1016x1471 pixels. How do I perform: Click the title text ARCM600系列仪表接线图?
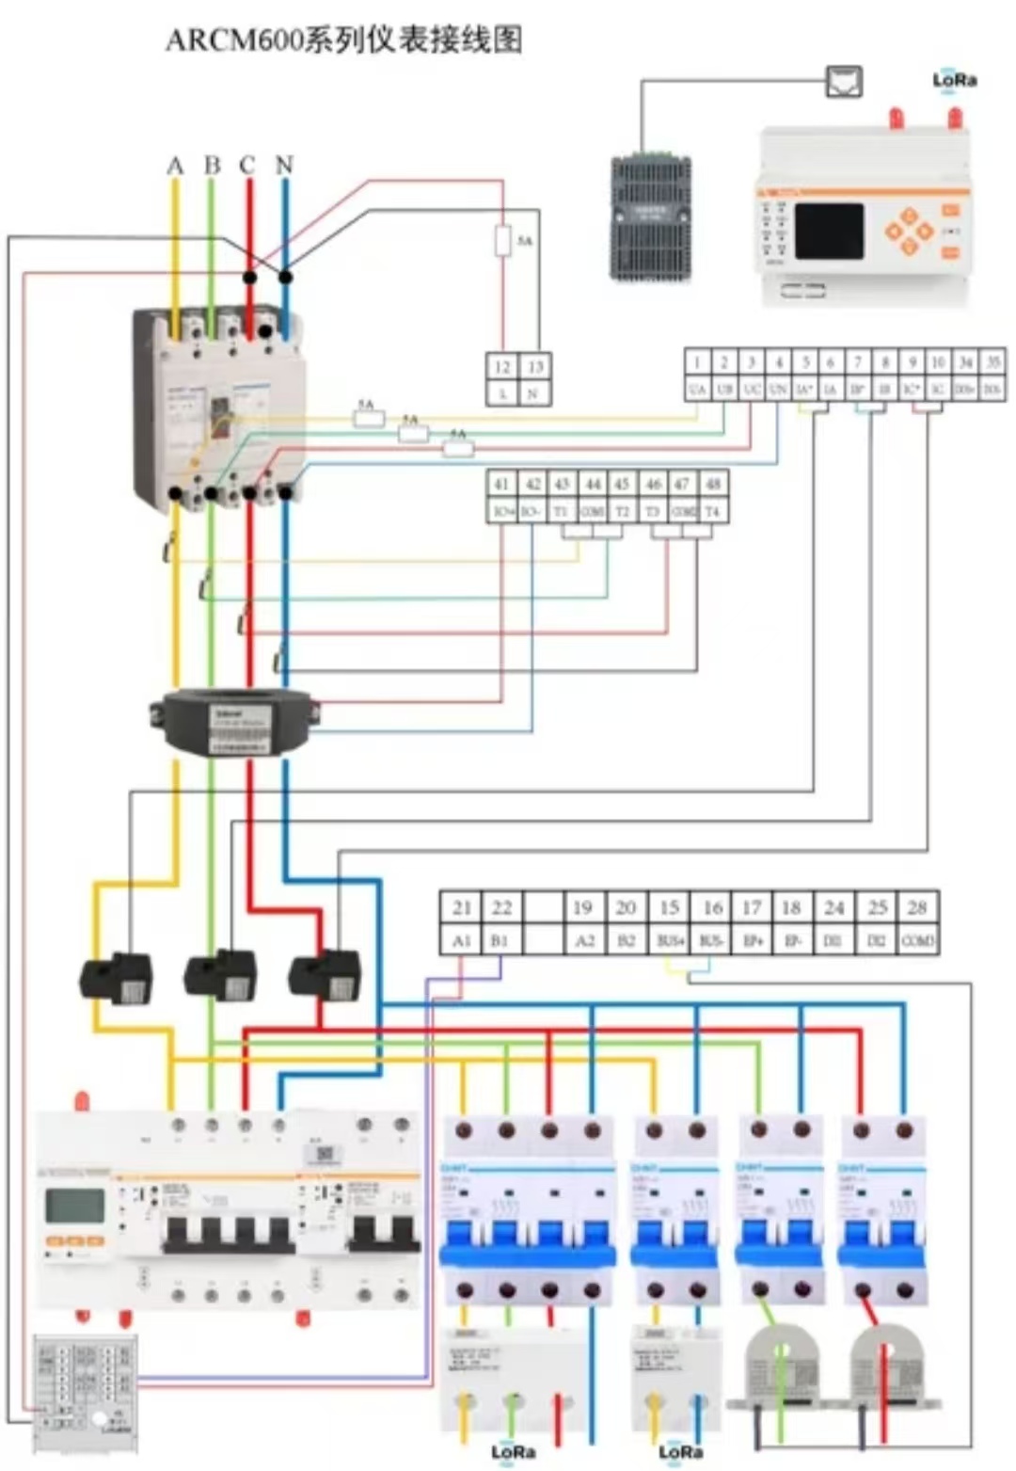[x=343, y=40]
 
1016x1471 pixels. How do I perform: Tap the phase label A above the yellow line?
[x=175, y=166]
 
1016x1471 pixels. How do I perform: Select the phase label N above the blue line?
[x=284, y=166]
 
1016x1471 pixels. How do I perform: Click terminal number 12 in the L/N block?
[x=502, y=367]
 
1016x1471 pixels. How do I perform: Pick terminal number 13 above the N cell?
[x=534, y=367]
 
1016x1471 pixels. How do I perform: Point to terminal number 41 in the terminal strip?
[x=501, y=484]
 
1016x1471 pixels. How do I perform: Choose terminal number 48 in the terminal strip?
[x=713, y=484]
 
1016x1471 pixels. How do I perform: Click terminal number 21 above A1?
[x=461, y=907]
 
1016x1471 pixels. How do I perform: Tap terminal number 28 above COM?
[x=917, y=907]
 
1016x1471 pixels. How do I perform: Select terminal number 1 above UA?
[x=697, y=361]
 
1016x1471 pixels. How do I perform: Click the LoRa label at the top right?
[x=954, y=80]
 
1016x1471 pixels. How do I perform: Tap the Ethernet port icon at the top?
[x=843, y=82]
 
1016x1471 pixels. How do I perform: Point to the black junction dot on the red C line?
[x=249, y=278]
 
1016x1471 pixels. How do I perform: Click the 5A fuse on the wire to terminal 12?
[x=503, y=240]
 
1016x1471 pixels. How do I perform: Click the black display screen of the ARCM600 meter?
[x=829, y=232]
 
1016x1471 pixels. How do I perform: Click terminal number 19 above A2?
[x=582, y=907]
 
